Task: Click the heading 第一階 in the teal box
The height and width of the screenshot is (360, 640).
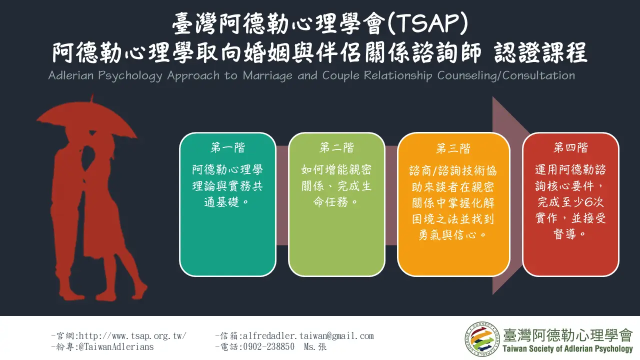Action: point(227,147)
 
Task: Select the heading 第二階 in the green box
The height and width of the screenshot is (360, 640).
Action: point(336,147)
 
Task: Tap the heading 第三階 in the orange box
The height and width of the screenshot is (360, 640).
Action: point(453,148)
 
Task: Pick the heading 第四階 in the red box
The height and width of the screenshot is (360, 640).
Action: point(570,147)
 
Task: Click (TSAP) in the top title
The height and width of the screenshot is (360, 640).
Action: point(428,24)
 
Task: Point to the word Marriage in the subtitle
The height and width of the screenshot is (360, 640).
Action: point(267,76)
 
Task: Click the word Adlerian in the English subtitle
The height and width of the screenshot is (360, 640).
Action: point(71,75)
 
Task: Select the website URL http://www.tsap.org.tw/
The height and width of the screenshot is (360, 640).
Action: point(132,335)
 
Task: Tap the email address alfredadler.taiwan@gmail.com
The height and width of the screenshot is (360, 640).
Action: point(308,335)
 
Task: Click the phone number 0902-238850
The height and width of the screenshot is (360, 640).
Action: point(268,347)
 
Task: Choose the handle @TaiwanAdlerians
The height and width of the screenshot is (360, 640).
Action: point(116,347)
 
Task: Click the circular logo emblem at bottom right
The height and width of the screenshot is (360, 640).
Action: point(482,339)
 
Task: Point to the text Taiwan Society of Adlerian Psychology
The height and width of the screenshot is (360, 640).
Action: point(567,349)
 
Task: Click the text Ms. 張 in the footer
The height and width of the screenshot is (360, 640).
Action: point(315,347)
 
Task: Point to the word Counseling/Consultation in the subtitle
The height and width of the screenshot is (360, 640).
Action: point(506,76)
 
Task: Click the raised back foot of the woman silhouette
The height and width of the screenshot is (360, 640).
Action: point(139,290)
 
